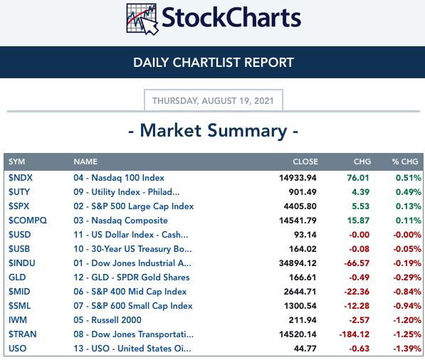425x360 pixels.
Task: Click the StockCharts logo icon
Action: [x=142, y=19]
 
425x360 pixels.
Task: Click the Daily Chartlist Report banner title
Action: [x=214, y=63]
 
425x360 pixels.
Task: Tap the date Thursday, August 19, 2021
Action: [x=213, y=101]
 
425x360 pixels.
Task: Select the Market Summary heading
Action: [x=214, y=131]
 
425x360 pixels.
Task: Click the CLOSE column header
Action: [x=305, y=162]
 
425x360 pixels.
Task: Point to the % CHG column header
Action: [x=405, y=162]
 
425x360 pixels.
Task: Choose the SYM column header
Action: [x=17, y=162]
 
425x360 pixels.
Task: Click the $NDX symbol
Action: [x=21, y=178]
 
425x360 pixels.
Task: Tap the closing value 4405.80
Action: [x=300, y=206]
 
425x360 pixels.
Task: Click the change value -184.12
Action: [x=355, y=334]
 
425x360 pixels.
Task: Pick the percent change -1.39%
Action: [x=407, y=349]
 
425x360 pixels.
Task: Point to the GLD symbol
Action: [x=17, y=277]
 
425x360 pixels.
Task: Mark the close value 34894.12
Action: [x=298, y=263]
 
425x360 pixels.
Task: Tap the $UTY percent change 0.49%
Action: [x=409, y=192]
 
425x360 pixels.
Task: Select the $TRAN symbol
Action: [x=23, y=334]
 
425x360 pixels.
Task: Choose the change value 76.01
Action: [x=358, y=178]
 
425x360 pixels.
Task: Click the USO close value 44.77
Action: [x=305, y=349]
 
